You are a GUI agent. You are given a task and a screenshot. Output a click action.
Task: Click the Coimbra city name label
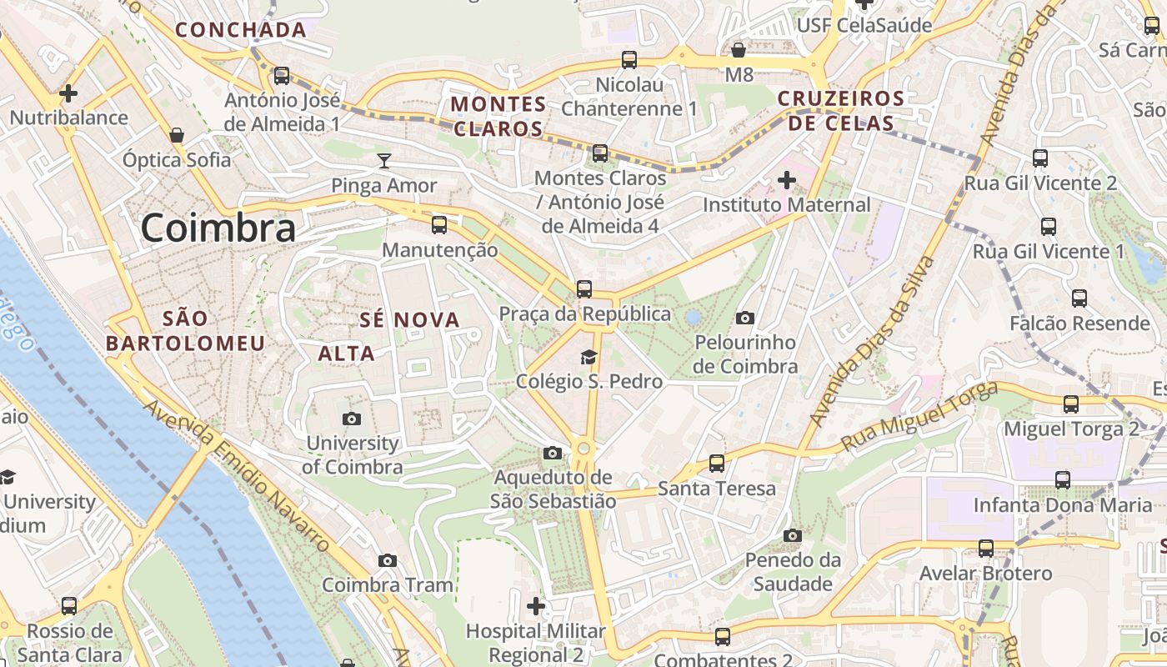point(218,228)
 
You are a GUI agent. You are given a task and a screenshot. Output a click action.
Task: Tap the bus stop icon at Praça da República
point(584,289)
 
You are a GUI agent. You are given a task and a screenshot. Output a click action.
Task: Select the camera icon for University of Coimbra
point(352,419)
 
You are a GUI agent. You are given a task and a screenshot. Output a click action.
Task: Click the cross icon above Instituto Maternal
point(786,179)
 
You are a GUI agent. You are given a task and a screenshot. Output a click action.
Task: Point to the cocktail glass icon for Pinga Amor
point(384,160)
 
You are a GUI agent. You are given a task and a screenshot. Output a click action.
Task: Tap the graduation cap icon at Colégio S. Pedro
point(589,358)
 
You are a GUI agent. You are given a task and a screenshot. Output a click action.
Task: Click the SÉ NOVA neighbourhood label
point(409,319)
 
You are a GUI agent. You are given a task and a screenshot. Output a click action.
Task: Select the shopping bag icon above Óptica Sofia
point(177,134)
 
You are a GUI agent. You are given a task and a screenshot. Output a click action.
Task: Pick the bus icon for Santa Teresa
point(716,464)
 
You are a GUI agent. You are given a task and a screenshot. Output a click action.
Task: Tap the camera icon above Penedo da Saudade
point(793,535)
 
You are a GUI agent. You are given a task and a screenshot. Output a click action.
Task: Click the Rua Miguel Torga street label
point(919,417)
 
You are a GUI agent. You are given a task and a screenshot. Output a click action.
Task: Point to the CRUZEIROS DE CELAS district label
point(840,111)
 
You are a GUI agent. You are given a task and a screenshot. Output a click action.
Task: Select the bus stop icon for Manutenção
point(439,225)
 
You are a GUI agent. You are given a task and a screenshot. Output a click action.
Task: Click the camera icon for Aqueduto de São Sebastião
point(552,453)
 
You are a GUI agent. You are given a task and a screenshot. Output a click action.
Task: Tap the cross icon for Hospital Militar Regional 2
point(536,605)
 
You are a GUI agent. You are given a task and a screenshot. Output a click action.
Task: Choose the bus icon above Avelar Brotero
point(985,549)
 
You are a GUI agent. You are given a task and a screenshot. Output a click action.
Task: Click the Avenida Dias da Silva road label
point(873,343)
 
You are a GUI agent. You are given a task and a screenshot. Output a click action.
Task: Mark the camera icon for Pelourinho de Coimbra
point(745,318)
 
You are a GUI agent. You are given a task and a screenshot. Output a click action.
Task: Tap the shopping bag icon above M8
point(739,49)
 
